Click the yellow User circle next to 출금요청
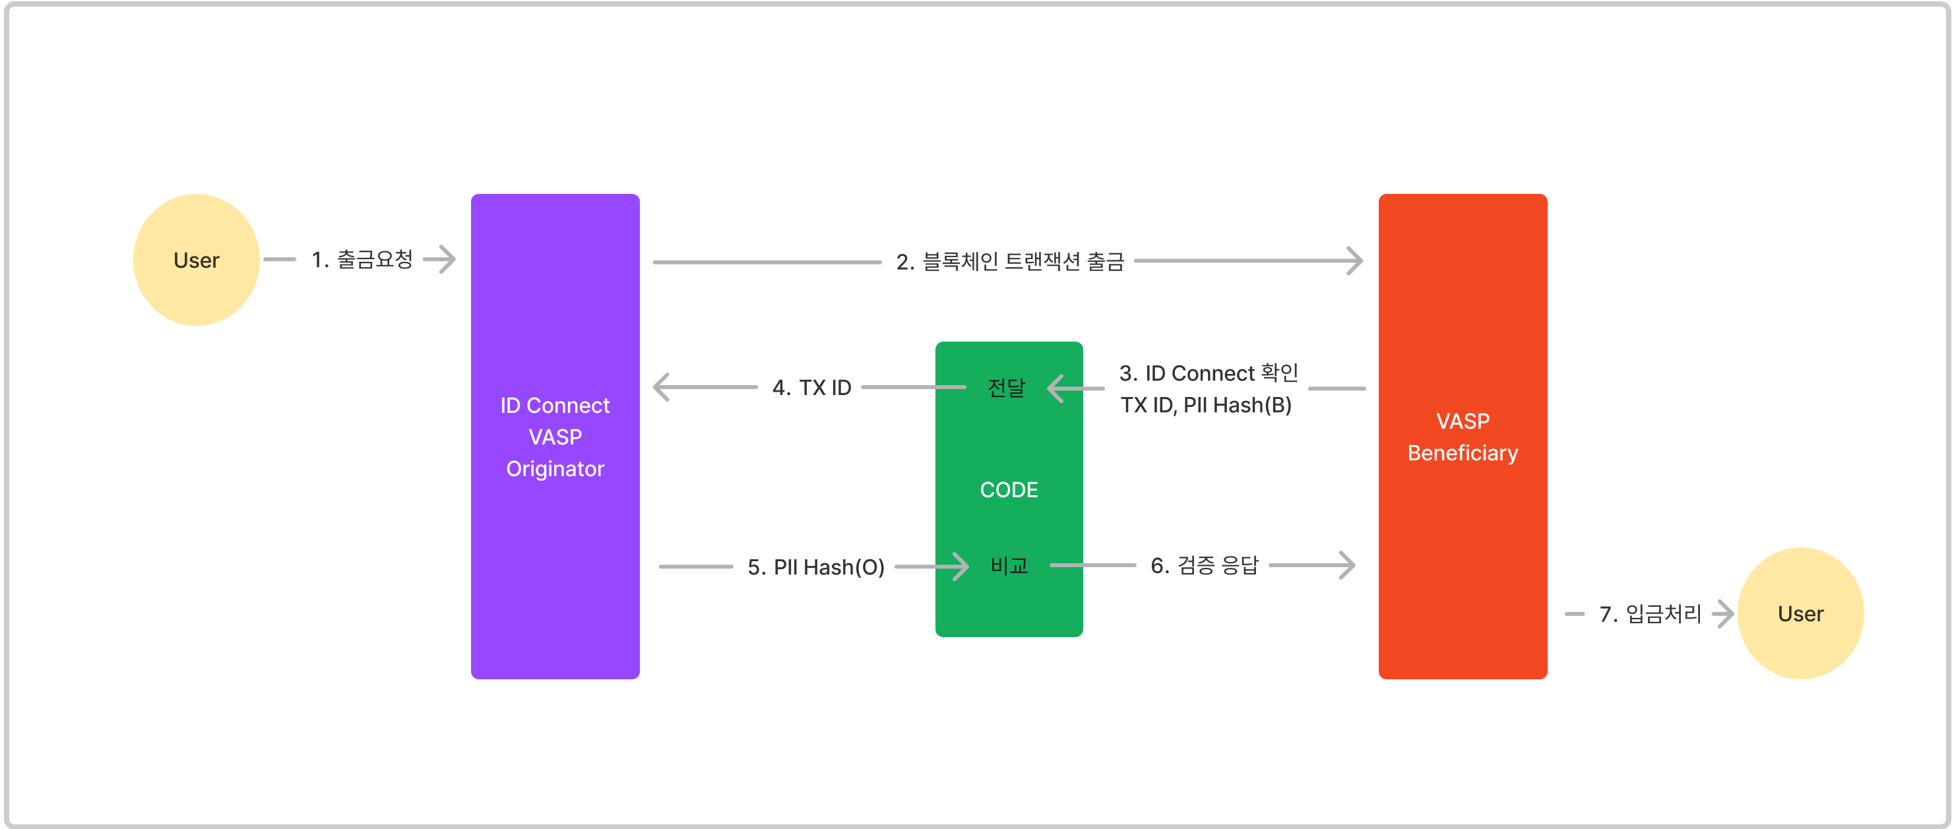tap(197, 260)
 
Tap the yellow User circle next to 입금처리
tap(1800, 613)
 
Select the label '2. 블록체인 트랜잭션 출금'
tap(1009, 262)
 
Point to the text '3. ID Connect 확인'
tap(1209, 373)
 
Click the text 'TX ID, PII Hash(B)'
tap(1206, 405)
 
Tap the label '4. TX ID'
tap(811, 388)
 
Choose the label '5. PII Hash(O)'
tap(816, 567)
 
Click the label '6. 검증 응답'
tap(1205, 565)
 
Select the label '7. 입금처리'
tap(1651, 613)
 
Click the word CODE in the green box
tap(1009, 490)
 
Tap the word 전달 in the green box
tap(1007, 388)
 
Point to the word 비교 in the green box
tap(1009, 565)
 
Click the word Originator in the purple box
tap(555, 469)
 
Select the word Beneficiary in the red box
tap(1463, 453)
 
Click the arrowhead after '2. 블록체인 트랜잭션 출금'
tap(1355, 261)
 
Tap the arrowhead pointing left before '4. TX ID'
tap(662, 387)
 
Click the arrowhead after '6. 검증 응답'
tap(1347, 565)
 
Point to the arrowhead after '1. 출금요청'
tap(447, 259)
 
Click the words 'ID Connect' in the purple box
tap(555, 406)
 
